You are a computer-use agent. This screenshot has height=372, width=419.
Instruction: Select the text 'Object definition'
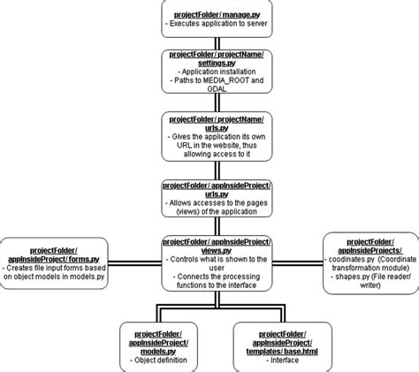159,360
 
